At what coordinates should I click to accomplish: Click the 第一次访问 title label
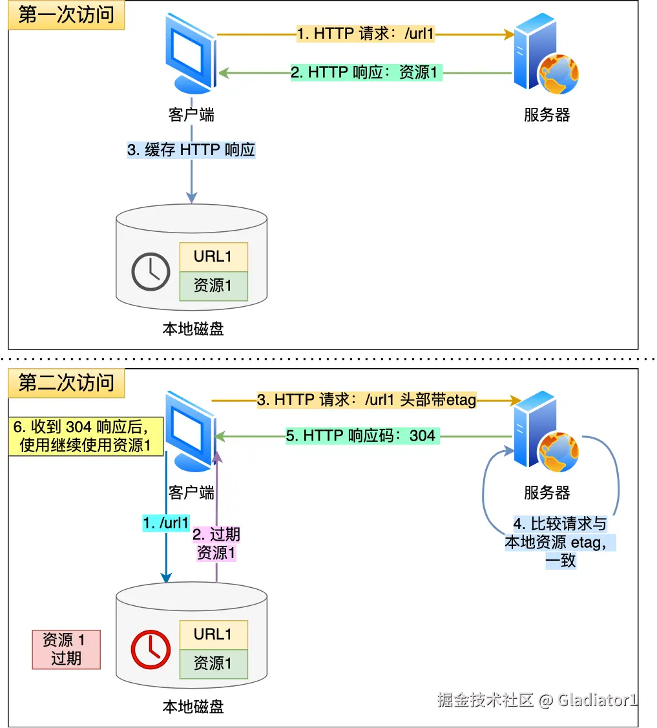(66, 15)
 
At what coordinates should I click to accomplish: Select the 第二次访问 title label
(66, 383)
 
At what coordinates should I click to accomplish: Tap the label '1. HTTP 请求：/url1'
(365, 34)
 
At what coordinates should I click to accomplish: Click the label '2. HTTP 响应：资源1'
(365, 72)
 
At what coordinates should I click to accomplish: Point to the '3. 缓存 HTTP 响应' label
(191, 151)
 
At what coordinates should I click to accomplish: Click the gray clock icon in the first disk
(151, 272)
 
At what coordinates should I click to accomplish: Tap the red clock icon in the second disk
(151, 649)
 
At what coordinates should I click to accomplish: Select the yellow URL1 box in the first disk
(213, 257)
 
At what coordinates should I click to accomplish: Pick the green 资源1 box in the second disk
(213, 663)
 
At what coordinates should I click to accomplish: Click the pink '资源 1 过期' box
(66, 649)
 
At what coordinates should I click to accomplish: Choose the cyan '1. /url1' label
(166, 523)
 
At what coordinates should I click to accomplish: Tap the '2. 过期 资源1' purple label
(216, 543)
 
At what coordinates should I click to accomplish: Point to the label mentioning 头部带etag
(366, 400)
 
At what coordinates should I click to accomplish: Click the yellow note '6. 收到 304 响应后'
(85, 436)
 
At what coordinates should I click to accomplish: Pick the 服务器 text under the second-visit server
(547, 493)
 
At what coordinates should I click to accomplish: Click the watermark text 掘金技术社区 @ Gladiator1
(537, 700)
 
